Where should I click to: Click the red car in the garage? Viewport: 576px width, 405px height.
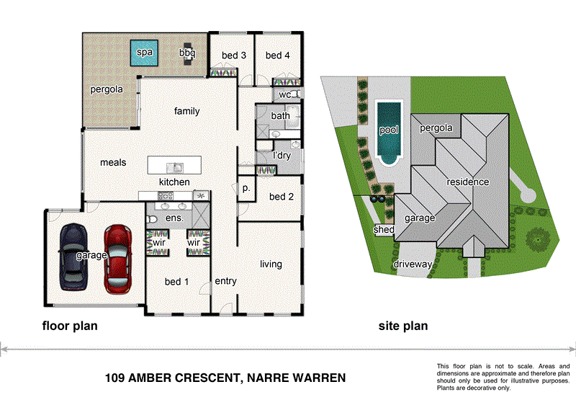click(119, 257)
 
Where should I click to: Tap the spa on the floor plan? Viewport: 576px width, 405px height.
click(145, 53)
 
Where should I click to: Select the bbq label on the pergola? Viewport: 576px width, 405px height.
click(186, 53)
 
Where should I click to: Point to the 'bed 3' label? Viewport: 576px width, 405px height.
click(233, 55)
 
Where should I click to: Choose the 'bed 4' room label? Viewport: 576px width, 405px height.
click(277, 55)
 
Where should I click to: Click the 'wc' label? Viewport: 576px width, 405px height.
click(284, 94)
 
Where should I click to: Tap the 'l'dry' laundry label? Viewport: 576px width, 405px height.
click(282, 156)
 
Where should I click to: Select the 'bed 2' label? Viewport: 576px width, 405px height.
click(282, 197)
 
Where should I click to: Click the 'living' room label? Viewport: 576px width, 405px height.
click(271, 264)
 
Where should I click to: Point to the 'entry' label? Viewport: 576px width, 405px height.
click(225, 281)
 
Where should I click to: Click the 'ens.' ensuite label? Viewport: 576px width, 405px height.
click(175, 218)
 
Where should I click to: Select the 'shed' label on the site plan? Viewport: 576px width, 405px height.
click(384, 230)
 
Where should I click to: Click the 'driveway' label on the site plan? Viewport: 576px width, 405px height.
click(413, 264)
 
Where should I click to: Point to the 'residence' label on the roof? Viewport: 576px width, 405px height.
click(467, 182)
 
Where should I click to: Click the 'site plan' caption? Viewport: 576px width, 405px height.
click(403, 326)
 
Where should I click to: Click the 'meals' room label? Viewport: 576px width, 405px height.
click(113, 163)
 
